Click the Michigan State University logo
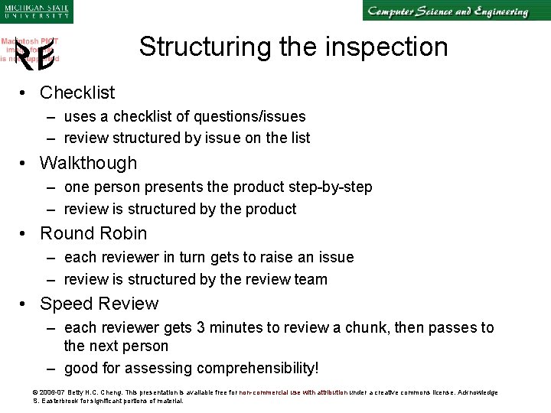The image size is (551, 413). (36, 11)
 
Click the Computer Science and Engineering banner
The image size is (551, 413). (448, 11)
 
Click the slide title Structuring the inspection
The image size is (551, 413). (293, 47)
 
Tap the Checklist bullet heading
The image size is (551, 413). (77, 93)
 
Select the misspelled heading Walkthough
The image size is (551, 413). (88, 163)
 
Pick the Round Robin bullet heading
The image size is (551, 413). (93, 233)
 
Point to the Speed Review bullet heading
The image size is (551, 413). (99, 304)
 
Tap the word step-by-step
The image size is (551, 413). (334, 187)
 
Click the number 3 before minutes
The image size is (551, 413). (201, 327)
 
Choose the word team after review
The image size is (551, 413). (311, 279)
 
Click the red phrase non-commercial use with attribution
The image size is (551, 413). (293, 392)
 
